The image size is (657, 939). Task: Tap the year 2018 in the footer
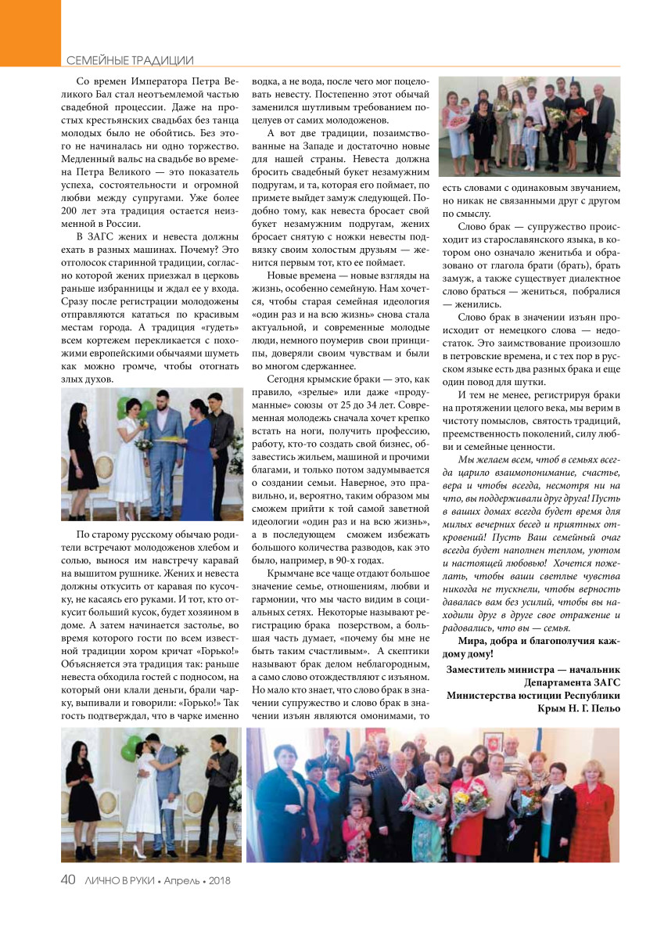pyautogui.click(x=217, y=880)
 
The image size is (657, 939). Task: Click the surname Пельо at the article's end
pyautogui.click(x=603, y=708)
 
